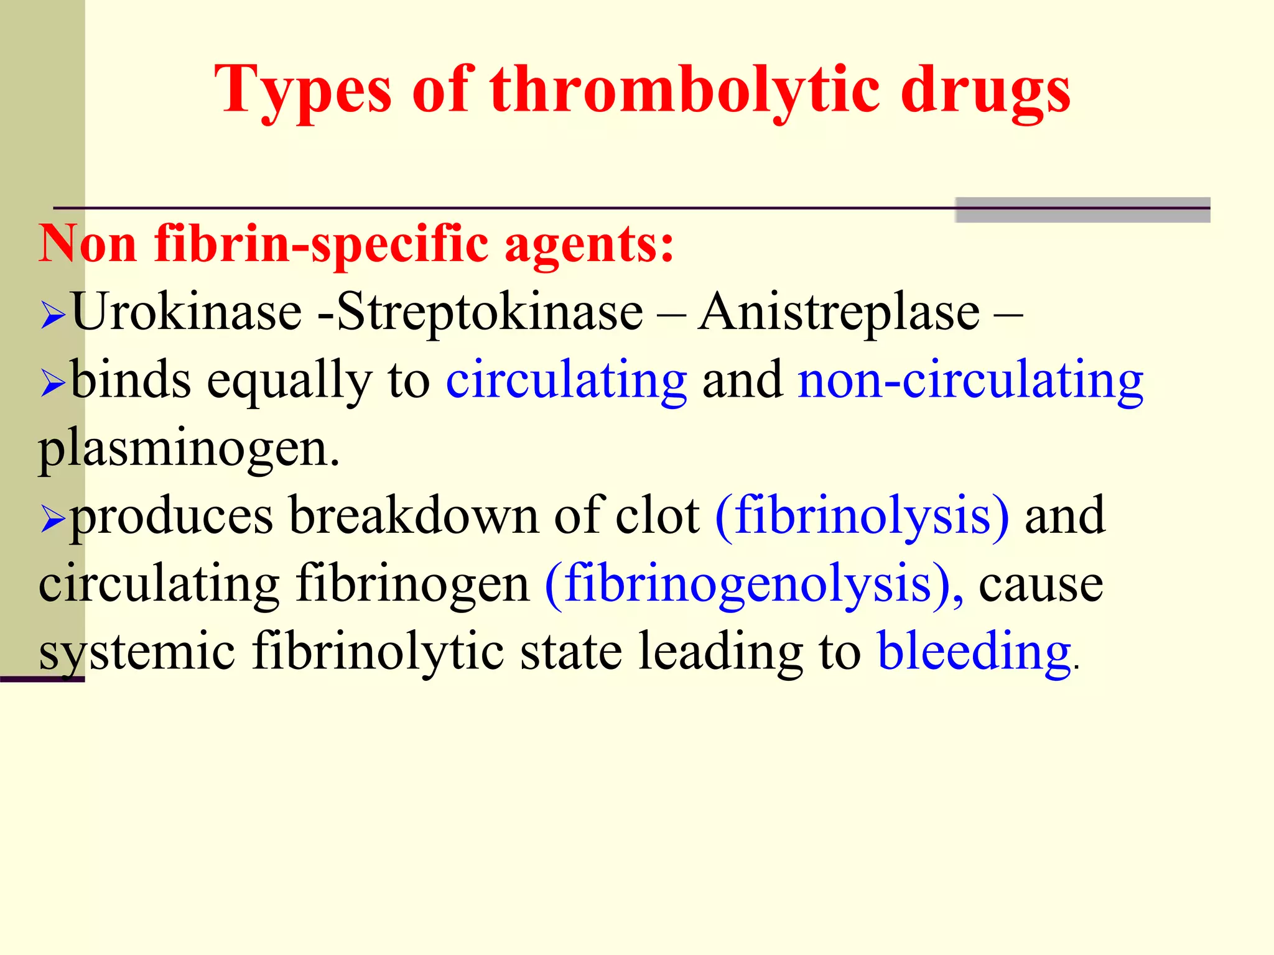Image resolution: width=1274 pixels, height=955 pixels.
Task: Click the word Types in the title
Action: [x=303, y=91]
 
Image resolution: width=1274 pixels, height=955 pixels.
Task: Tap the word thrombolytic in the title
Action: [x=684, y=91]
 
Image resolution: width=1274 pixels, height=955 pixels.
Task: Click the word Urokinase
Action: [x=187, y=311]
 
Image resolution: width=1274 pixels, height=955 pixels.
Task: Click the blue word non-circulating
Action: [x=970, y=380]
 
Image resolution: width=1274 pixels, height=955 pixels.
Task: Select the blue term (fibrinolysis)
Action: [x=862, y=515]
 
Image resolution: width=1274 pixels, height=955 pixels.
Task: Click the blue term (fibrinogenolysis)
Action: [x=754, y=584]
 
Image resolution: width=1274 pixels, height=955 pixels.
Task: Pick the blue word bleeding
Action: [x=974, y=651]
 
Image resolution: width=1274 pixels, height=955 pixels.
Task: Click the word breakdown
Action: [x=414, y=515]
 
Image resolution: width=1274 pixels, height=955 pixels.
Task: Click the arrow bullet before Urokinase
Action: [x=53, y=315]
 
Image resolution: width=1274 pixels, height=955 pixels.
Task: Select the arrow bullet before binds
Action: [x=53, y=384]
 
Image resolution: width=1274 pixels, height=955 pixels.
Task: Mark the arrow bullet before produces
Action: [x=53, y=519]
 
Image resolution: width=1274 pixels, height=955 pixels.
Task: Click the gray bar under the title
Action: [x=1082, y=210]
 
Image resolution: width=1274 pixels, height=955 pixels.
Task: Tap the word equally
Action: [x=289, y=381]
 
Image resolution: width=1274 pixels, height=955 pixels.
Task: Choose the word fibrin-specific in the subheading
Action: [x=321, y=244]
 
